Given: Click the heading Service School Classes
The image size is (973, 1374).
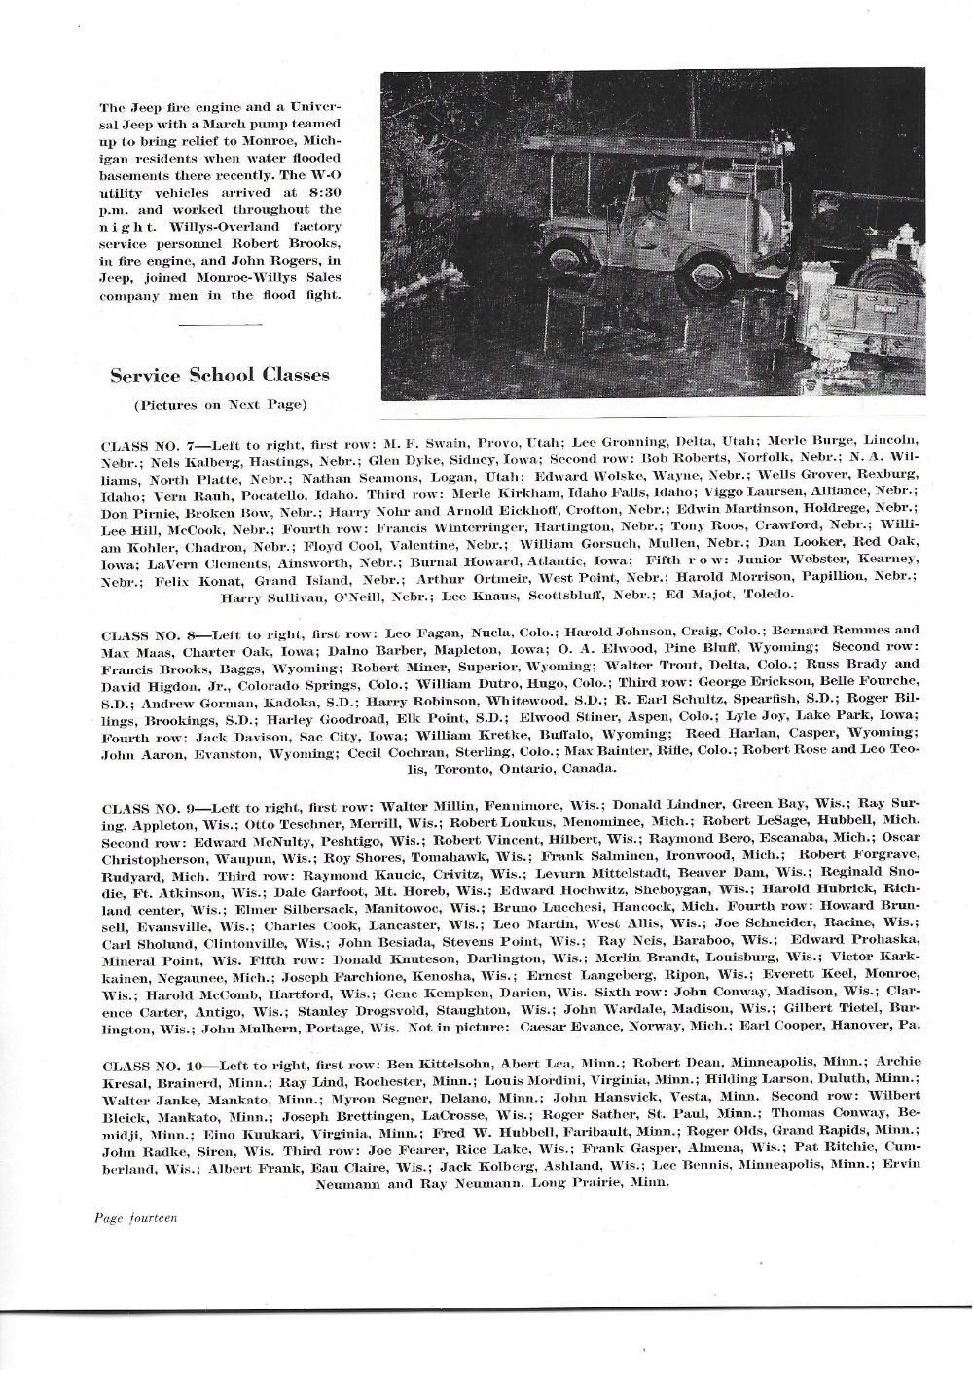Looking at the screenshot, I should [x=219, y=375].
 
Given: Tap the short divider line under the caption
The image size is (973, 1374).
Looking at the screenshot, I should [x=221, y=324].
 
